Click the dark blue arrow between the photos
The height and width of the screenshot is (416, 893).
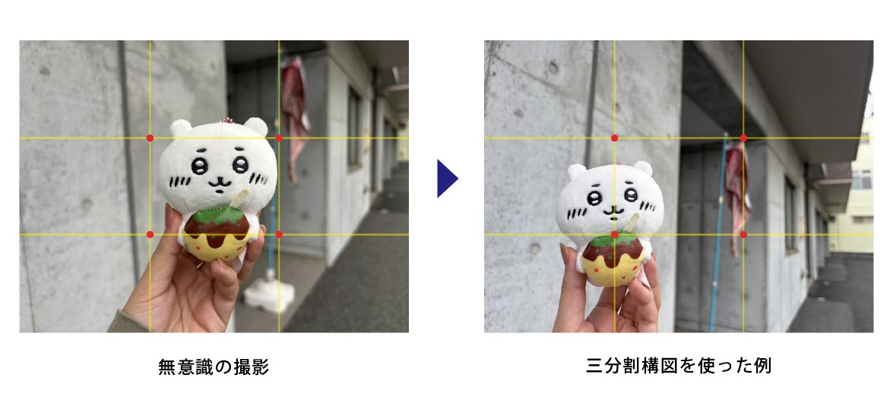(x=447, y=179)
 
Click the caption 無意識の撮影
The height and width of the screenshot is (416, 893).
(x=214, y=367)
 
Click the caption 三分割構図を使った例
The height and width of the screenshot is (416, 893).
(x=678, y=365)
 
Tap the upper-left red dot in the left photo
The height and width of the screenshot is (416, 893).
(x=150, y=138)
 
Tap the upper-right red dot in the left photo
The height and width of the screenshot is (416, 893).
(x=278, y=138)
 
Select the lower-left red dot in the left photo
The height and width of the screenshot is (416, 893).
(x=150, y=235)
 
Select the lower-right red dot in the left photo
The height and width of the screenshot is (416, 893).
(x=278, y=235)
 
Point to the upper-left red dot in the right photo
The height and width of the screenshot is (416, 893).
(x=615, y=138)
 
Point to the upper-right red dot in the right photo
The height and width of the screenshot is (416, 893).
(x=743, y=138)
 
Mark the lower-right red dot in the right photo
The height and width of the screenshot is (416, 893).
(x=743, y=235)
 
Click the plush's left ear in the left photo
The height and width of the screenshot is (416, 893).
(x=181, y=129)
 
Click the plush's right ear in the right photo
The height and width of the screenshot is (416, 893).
(x=643, y=168)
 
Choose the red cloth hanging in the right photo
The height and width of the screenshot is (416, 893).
(x=736, y=188)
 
